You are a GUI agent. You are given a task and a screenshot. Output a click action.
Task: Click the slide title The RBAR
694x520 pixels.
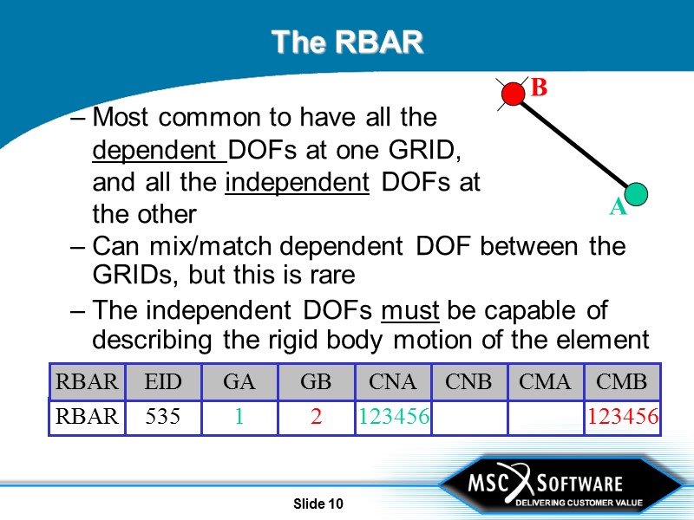point(347,41)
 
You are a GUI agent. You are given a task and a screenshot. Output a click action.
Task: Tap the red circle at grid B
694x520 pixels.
point(514,93)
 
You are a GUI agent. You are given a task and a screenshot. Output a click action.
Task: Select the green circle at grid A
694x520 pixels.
point(637,193)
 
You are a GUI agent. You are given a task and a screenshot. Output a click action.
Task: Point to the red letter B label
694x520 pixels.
point(539,88)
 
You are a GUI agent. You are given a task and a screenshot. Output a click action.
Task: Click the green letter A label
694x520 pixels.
point(617,208)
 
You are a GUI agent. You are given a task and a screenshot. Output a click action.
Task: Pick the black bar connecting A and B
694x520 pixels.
point(575,143)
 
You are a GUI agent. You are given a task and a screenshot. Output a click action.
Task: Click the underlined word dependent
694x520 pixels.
point(157,150)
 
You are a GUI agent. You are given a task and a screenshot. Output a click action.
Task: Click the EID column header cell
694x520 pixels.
point(163,382)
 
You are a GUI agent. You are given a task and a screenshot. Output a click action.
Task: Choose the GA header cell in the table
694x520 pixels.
point(239,382)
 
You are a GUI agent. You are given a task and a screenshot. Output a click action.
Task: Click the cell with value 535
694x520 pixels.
point(163,417)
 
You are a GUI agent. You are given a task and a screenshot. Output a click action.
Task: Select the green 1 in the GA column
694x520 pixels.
point(239,417)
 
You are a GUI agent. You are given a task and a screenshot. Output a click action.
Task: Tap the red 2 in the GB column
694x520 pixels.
point(317,417)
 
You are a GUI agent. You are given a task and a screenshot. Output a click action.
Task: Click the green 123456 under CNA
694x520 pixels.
point(393,417)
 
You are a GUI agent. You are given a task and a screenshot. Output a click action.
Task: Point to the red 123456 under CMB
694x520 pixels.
point(622,417)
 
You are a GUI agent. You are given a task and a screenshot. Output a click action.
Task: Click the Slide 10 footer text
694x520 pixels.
point(318,504)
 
